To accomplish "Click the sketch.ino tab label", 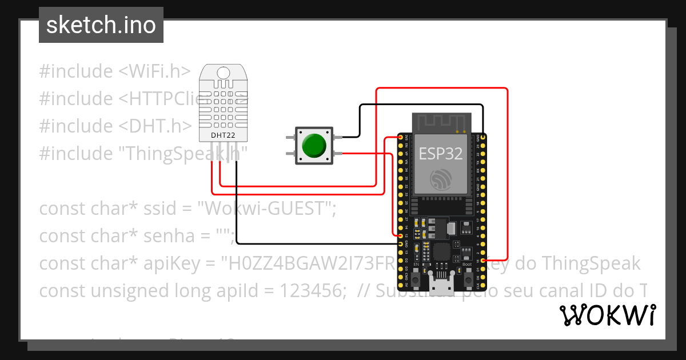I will (101, 25).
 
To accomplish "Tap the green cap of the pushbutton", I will (313, 146).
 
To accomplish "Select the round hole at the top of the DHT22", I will (224, 73).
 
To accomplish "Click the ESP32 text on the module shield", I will (441, 153).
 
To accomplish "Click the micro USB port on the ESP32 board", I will (441, 280).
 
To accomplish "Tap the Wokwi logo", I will (607, 315).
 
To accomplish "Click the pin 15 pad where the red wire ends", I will (484, 260).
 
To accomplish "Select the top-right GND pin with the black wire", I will (484, 138).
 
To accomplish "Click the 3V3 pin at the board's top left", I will (400, 138).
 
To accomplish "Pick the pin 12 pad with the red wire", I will (400, 235).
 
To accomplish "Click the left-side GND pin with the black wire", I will (400, 244).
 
